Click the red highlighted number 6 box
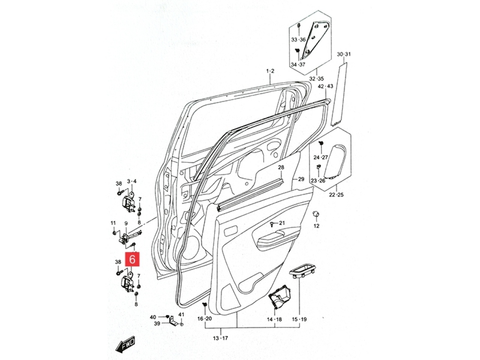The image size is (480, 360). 132,259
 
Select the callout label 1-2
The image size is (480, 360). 270,71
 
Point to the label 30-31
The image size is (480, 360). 343,54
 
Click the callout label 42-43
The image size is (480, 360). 325,86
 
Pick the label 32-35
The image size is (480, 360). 316,79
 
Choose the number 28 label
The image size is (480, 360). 281,167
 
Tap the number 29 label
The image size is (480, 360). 301,179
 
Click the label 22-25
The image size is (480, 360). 336,195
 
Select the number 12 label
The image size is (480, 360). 316,226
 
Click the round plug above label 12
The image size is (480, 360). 316,214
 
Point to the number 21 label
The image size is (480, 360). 282,223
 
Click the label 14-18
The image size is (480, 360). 274,319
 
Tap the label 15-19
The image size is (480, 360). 299,319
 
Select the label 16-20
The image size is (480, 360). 204,319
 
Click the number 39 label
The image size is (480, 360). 157,324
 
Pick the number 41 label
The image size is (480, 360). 181,315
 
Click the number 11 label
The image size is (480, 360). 113,223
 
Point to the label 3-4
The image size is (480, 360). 132,181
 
